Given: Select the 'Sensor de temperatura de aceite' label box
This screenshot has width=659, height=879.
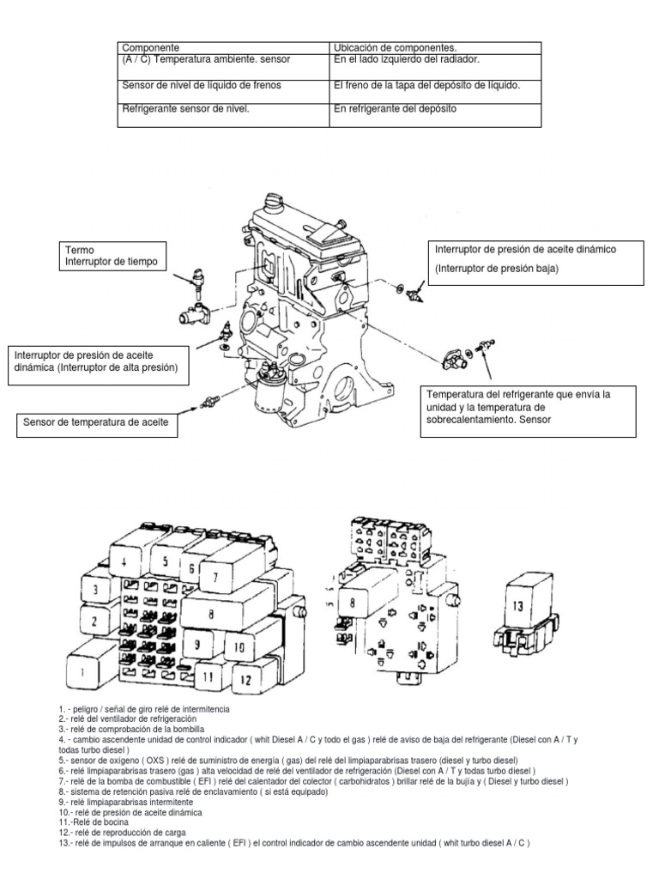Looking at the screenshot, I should click(x=97, y=425).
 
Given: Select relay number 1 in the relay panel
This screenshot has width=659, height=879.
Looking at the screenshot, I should click(x=83, y=673).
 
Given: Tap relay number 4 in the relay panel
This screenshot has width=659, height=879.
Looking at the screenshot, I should click(x=125, y=563).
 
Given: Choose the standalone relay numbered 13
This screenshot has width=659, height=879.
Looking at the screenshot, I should click(x=517, y=607).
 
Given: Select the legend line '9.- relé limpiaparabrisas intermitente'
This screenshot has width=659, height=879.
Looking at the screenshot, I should click(x=126, y=801).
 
